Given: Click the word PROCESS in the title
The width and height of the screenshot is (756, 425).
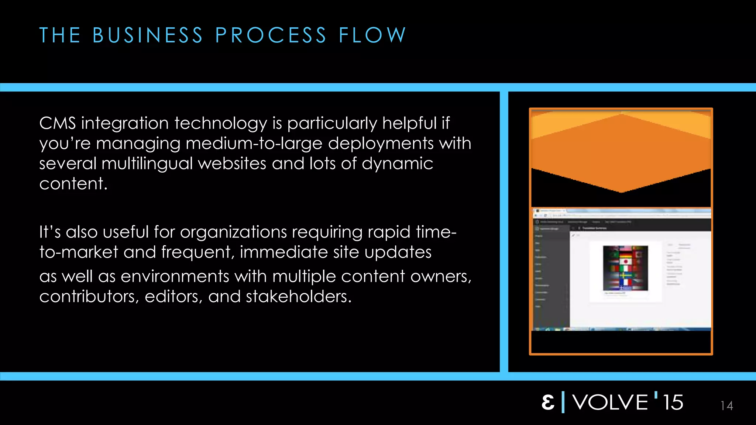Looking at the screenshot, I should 271,35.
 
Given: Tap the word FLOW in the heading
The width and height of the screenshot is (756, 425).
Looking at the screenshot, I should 372,35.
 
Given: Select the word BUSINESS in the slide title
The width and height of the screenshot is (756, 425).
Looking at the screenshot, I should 148,35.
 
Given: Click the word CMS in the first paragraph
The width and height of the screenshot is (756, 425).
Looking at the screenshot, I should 57,123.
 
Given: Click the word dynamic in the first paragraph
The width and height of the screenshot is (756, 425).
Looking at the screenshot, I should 397,163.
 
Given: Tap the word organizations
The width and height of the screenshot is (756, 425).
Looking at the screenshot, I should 233,232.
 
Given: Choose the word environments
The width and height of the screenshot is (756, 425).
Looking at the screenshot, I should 175,276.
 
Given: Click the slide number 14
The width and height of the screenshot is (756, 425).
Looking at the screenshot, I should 726,406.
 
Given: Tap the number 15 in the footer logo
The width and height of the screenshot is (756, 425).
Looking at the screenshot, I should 673,402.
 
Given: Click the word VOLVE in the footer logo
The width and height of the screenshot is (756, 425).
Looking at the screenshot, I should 610,402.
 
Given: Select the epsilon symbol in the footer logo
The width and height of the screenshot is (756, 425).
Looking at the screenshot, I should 548,402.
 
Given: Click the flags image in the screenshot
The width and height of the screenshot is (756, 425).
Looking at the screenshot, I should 625,267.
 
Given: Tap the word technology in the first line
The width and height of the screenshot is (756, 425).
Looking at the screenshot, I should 220,123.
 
